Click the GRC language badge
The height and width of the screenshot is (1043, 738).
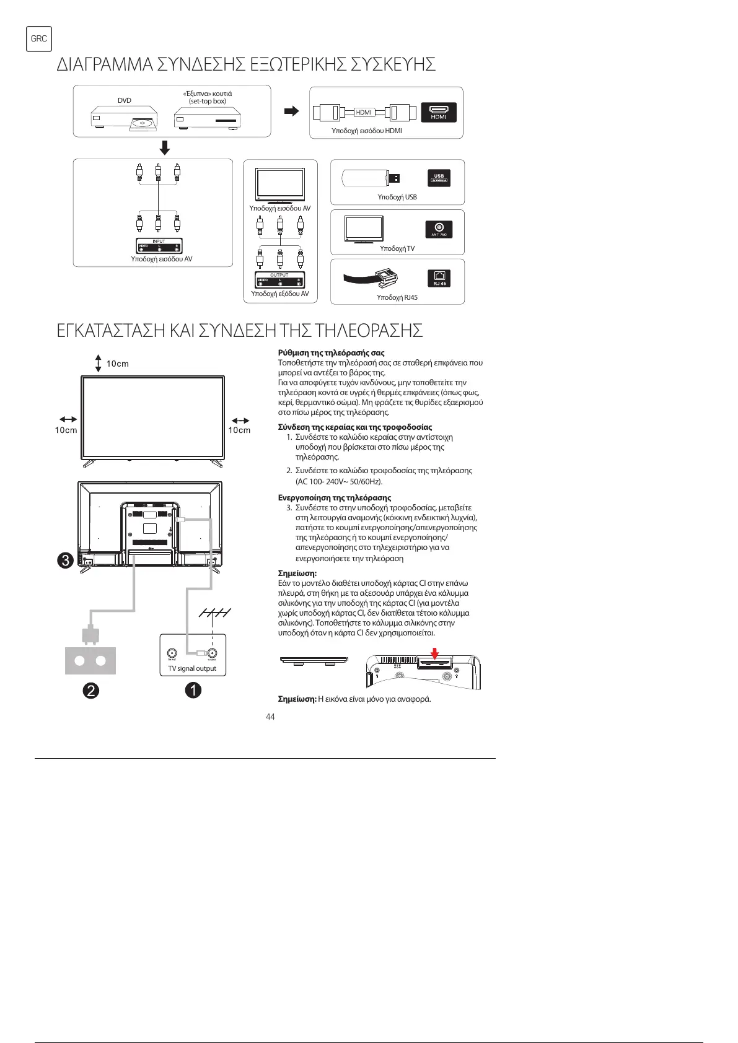click(x=38, y=38)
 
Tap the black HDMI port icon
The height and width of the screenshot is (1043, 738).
click(x=438, y=112)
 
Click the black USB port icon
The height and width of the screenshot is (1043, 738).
click(x=439, y=178)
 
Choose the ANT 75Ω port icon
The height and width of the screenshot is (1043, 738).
click(x=439, y=229)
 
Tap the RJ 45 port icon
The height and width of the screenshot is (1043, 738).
click(x=439, y=279)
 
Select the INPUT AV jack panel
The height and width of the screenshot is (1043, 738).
click(x=159, y=246)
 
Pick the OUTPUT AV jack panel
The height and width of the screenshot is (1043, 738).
click(x=279, y=280)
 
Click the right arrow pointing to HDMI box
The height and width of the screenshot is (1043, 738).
click(x=291, y=111)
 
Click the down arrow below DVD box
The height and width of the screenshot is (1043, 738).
click(x=164, y=148)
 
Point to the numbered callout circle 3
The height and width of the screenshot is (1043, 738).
click(x=66, y=561)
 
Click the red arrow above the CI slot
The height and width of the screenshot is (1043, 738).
click(x=435, y=653)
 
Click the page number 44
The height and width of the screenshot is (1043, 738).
click(x=270, y=717)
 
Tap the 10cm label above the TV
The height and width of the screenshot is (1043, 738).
click(x=118, y=364)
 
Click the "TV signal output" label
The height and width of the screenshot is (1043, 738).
click(x=192, y=668)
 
